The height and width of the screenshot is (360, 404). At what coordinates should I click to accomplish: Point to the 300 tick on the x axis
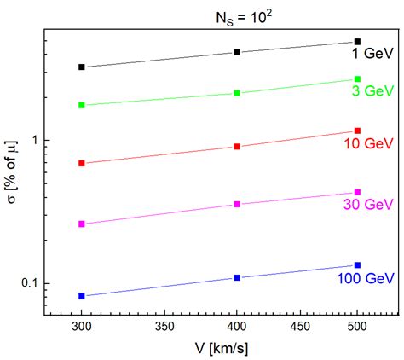[x=82, y=327]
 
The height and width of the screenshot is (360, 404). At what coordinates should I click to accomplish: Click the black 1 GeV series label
[x=372, y=54]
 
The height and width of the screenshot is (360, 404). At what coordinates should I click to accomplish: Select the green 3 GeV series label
[x=372, y=90]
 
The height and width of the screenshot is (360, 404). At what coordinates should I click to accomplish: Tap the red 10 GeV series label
[x=369, y=145]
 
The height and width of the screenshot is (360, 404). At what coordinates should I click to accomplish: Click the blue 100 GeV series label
[x=365, y=279]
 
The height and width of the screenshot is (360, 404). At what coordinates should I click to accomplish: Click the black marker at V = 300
[x=82, y=67]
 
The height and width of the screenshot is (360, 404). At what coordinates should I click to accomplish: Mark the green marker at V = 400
[x=237, y=93]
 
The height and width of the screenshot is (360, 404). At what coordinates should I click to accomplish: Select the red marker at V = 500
[x=357, y=131]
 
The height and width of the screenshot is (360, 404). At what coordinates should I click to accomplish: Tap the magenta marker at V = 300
[x=82, y=224]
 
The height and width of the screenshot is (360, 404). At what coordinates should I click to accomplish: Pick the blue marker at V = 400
[x=237, y=277]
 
